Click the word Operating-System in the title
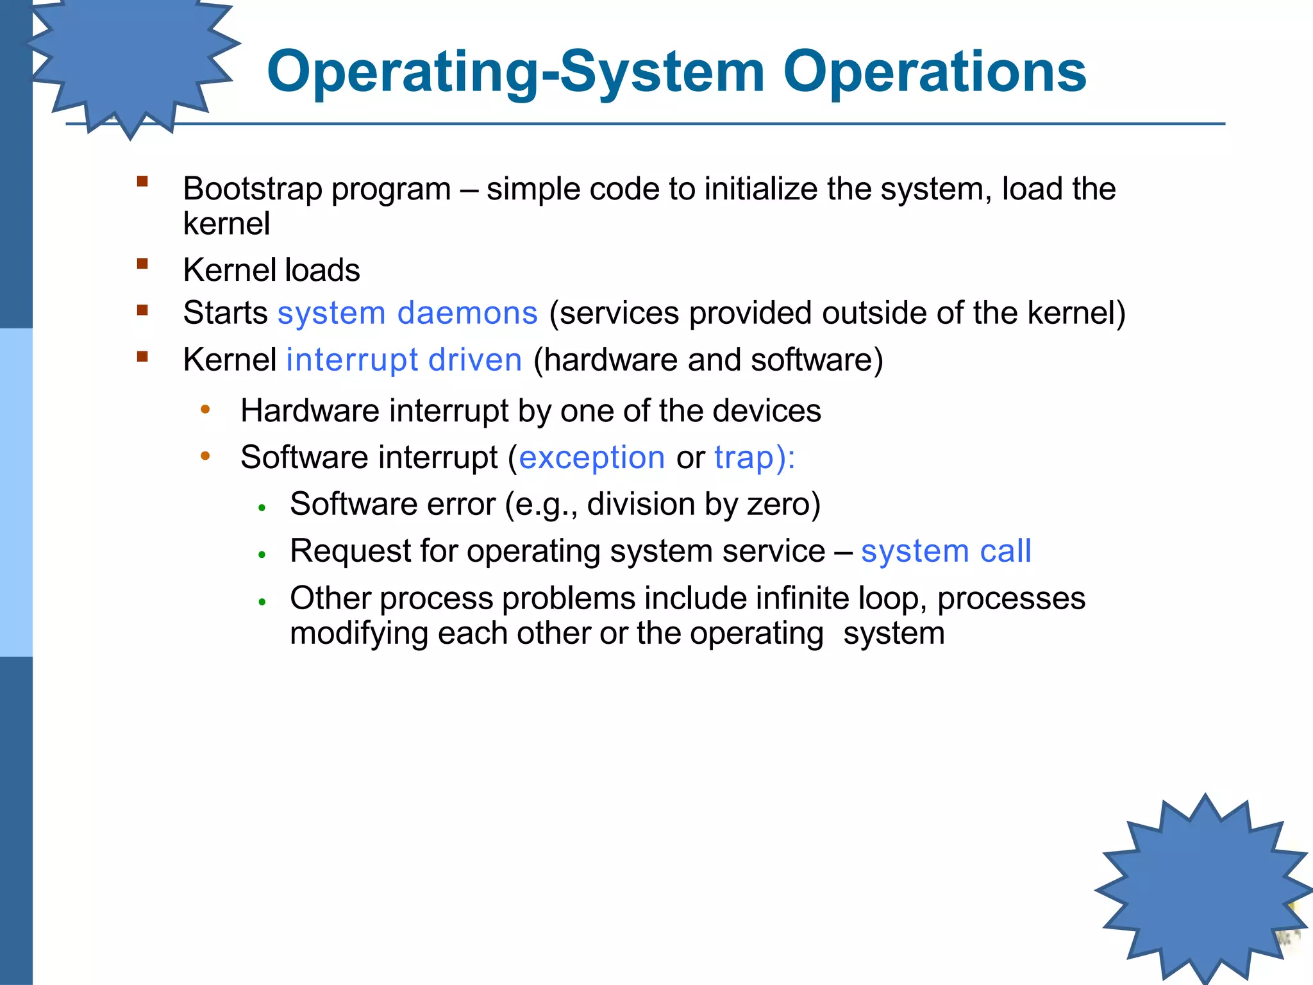pyautogui.click(x=515, y=72)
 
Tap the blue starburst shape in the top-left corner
pyautogui.click(x=131, y=58)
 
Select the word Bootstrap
pyautogui.click(x=252, y=189)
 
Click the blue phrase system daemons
pyautogui.click(x=407, y=314)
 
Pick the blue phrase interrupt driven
pyautogui.click(x=404, y=360)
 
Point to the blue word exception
pyautogui.click(x=591, y=458)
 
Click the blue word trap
pyautogui.click(x=744, y=458)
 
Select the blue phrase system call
pyautogui.click(x=946, y=551)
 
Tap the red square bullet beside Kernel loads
pyautogui.click(x=142, y=264)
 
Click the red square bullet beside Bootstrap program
pyautogui.click(x=142, y=181)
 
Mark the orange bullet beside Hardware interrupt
pyautogui.click(x=205, y=409)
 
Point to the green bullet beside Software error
pyautogui.click(x=262, y=508)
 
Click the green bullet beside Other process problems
pyautogui.click(x=262, y=602)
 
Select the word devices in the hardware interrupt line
pyautogui.click(x=766, y=411)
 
